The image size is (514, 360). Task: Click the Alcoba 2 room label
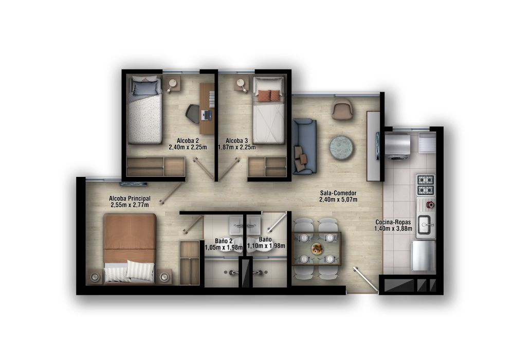tap(188, 140)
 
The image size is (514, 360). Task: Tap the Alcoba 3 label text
tap(236, 140)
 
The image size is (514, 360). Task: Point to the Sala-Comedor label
tap(338, 193)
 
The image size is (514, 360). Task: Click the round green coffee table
tap(341, 146)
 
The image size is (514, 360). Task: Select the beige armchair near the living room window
tap(342, 109)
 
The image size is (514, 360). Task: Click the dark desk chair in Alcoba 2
tap(193, 114)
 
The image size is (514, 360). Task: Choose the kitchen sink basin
tap(425, 224)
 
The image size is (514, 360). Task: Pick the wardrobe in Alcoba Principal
tap(190, 262)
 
